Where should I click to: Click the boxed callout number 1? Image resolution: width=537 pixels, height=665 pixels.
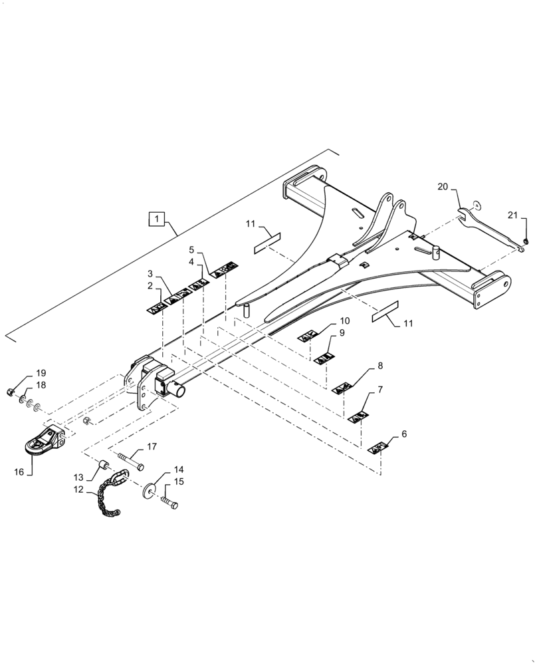tap(156, 218)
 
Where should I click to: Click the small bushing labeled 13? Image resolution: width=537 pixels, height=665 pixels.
tap(105, 464)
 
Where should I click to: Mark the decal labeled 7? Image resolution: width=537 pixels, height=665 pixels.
tap(359, 417)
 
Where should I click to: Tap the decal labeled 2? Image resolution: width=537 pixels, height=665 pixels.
tap(156, 307)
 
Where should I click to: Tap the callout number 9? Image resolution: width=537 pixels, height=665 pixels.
tap(342, 333)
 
